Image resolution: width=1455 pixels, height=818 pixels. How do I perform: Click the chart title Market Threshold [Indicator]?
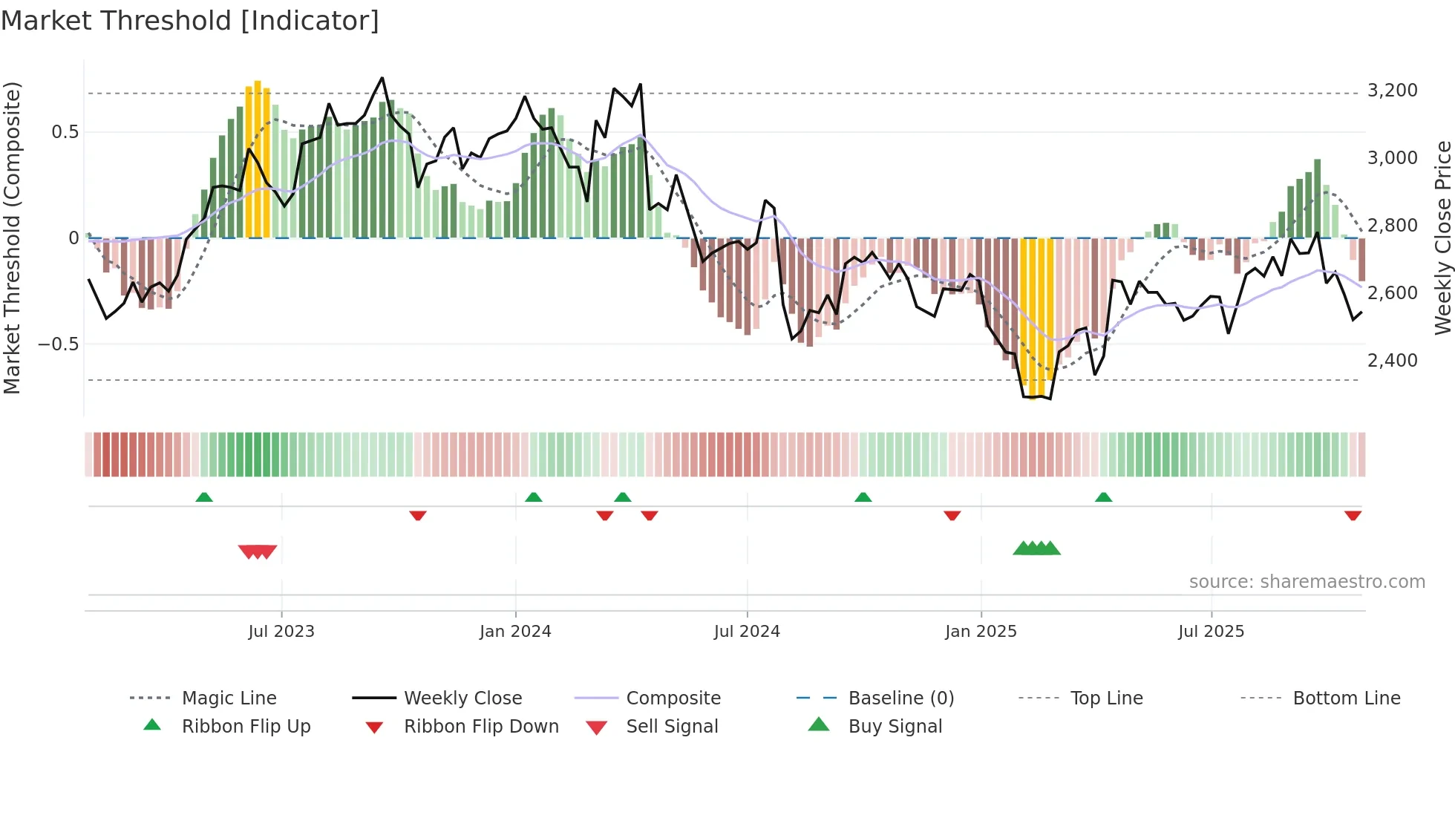[190, 21]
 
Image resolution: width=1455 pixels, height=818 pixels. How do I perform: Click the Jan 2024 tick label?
[515, 632]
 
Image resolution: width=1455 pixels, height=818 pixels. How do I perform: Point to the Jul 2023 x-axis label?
[281, 632]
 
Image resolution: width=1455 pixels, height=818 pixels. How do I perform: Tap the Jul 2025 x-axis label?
[1211, 632]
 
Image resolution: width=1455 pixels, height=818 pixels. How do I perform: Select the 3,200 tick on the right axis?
[1392, 91]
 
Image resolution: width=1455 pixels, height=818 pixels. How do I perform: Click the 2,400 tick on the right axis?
[1392, 361]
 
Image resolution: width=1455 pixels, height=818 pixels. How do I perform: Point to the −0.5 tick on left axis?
[58, 344]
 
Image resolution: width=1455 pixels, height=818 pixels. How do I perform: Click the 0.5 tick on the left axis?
[65, 132]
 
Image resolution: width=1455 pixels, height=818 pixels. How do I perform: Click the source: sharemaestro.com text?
[1307, 582]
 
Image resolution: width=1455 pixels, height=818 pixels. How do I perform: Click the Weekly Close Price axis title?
[1442, 238]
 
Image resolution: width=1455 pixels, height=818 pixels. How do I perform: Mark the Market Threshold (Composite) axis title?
[12, 238]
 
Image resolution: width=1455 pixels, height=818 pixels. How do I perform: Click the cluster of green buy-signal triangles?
[1036, 549]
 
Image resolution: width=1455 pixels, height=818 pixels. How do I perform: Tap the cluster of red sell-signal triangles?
[258, 552]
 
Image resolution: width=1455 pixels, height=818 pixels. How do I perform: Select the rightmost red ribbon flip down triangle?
[1353, 515]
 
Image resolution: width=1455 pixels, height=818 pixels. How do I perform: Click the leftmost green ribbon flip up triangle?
[204, 497]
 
